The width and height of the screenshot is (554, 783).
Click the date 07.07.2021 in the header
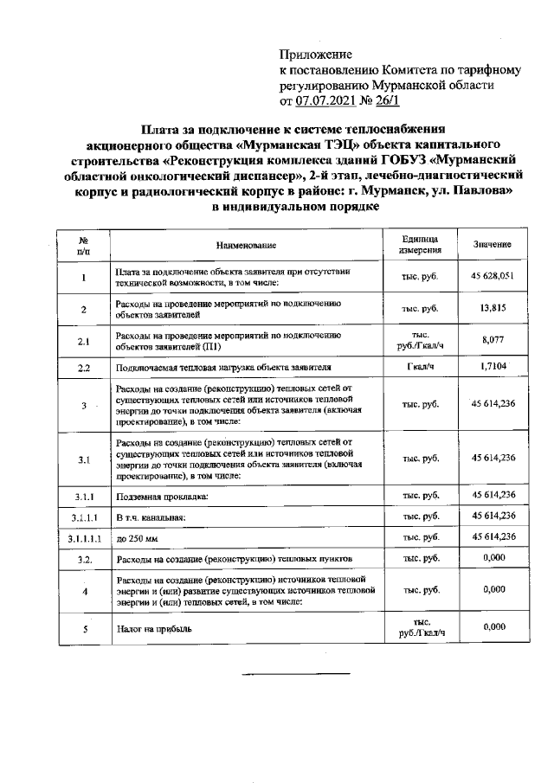tap(328, 100)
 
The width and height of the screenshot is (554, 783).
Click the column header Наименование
tap(246, 246)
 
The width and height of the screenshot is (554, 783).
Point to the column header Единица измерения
tap(421, 245)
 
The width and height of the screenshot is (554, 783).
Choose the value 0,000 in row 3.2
tap(493, 559)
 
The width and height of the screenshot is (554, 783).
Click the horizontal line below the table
tap(295, 672)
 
